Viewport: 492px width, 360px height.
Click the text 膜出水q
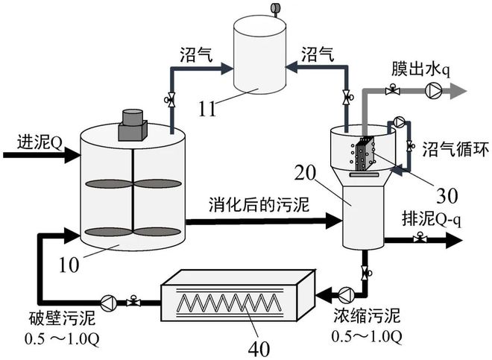pyautogui.click(x=421, y=70)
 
